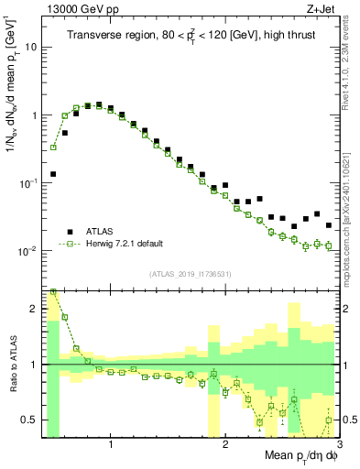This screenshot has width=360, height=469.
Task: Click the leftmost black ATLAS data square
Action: (x=53, y=173)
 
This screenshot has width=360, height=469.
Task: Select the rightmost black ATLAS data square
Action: (x=328, y=224)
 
